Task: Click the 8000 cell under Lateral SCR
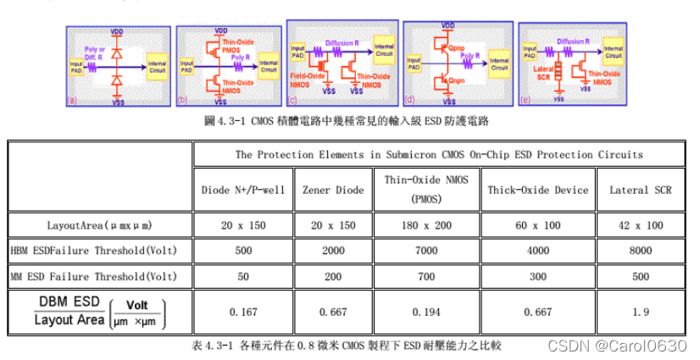[x=640, y=251]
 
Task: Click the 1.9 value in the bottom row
[x=640, y=311]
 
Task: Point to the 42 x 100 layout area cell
[x=640, y=226]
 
